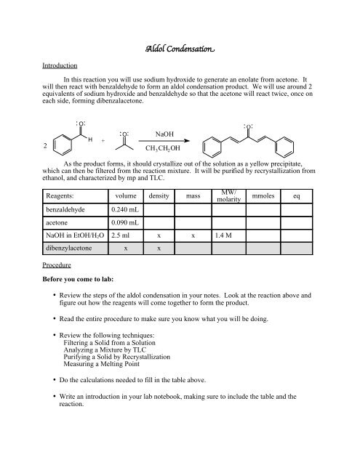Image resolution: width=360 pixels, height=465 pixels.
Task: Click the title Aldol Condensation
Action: click(180, 49)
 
